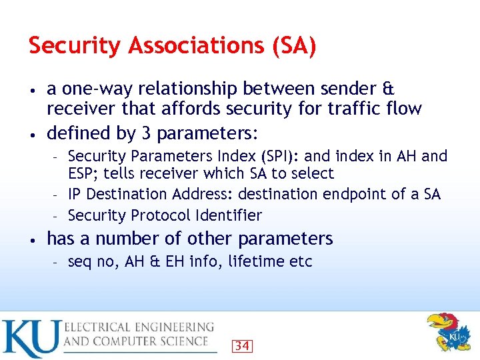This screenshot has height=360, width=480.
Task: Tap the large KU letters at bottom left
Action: pos(29,338)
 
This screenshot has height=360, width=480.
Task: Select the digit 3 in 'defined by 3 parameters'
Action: pos(147,133)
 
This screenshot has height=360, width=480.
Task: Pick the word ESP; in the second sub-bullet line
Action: pos(81,174)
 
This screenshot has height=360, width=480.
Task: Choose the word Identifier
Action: pos(229,215)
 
